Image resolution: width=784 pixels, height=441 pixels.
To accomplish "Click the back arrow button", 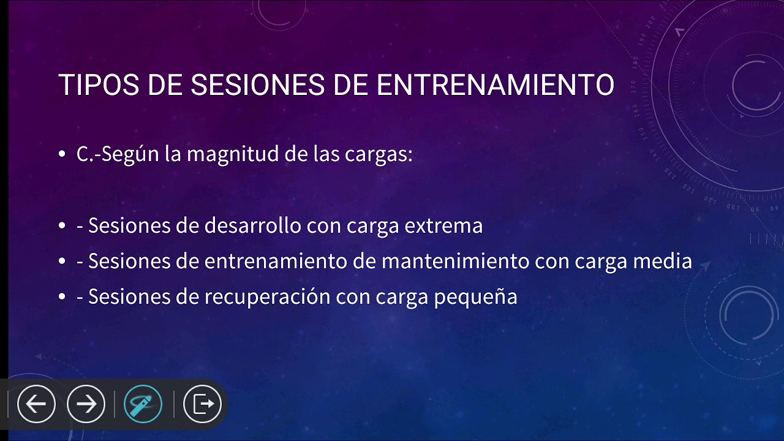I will (36, 404).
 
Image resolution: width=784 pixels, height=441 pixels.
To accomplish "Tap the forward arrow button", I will (86, 404).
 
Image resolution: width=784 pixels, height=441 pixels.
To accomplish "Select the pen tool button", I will (143, 404).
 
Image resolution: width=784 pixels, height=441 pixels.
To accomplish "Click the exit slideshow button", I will (202, 404).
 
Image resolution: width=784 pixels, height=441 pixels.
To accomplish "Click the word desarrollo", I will (253, 226).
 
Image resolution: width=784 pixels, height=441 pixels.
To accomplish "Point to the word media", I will (667, 262).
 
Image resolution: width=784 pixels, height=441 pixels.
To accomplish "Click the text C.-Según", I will (117, 154).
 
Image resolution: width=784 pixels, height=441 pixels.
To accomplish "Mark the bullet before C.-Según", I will (62, 155).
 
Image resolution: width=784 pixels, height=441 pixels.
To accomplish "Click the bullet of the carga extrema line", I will (62, 227).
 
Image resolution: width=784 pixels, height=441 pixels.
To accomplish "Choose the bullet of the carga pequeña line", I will (62, 298).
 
